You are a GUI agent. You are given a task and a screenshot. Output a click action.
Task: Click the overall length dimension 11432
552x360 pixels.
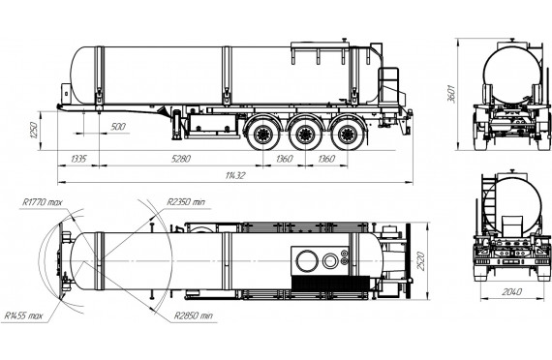235,175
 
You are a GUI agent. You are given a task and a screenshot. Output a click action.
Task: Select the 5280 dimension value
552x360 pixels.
181,159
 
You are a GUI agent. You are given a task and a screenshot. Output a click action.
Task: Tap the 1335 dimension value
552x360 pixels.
78,159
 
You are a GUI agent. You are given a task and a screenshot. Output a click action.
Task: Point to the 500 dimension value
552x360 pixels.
118,127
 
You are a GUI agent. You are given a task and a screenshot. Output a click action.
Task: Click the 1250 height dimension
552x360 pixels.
34,131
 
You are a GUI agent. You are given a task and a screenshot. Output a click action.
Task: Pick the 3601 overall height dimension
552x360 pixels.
451,94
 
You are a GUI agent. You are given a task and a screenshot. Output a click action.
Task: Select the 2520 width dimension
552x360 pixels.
420,260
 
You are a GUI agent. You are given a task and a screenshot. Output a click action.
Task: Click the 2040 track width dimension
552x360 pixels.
512,291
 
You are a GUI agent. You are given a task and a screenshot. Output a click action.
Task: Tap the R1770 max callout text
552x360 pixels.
43,202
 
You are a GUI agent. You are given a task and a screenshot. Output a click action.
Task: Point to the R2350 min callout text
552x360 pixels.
186,202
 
